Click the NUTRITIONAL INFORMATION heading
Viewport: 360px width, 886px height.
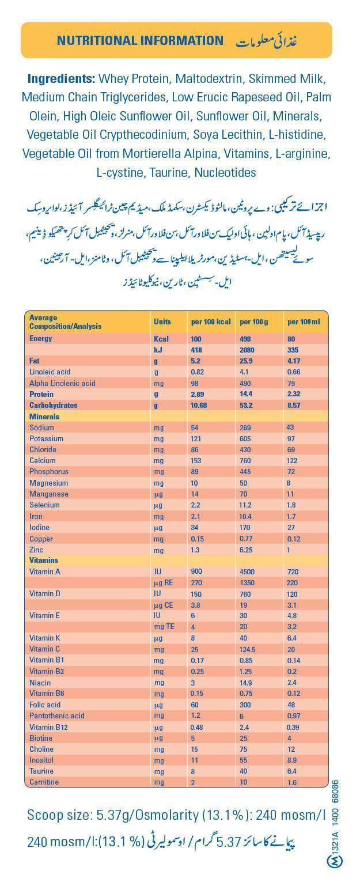(140, 40)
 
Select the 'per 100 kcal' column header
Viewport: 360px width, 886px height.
(211, 321)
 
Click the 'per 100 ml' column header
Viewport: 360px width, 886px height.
(304, 321)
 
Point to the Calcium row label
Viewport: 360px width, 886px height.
(43, 461)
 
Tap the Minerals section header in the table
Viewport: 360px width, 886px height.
(44, 417)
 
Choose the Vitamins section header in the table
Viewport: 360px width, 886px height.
(44, 561)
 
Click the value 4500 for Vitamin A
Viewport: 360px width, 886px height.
(248, 572)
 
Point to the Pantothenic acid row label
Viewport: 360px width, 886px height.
(57, 716)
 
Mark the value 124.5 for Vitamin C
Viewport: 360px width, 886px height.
(249, 649)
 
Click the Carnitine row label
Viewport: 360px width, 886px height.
(44, 782)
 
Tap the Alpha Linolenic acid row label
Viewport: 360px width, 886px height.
(62, 383)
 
